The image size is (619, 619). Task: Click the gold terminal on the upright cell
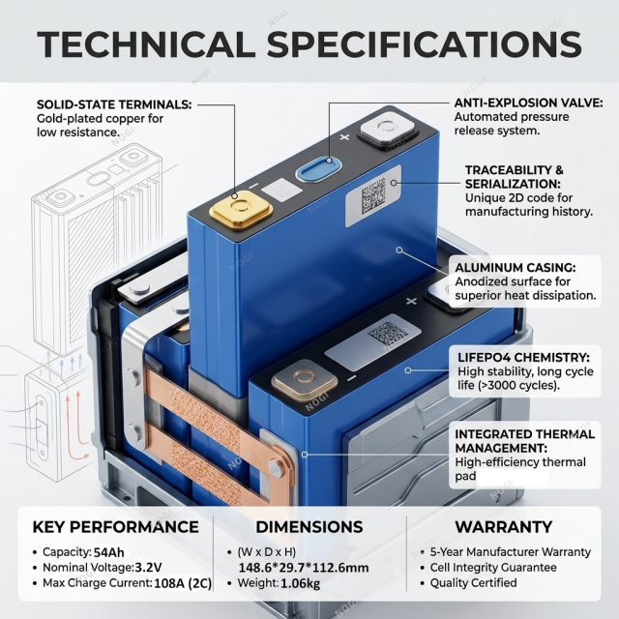tap(241, 209)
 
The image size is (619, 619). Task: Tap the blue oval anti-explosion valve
tap(318, 170)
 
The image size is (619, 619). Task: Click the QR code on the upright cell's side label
tap(373, 195)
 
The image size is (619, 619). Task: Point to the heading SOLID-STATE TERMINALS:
tap(114, 104)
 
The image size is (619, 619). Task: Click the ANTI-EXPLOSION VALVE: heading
tap(529, 103)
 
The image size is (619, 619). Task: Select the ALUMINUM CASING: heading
tap(516, 268)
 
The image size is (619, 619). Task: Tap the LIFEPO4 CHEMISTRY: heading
tap(523, 357)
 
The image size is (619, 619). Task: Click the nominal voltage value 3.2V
tap(148, 568)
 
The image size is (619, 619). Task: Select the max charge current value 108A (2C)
tap(183, 583)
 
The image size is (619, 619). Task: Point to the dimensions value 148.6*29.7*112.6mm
tap(304, 568)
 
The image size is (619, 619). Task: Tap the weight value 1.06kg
tap(301, 583)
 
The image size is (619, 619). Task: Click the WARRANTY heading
tap(504, 527)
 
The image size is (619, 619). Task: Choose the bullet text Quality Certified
tap(473, 582)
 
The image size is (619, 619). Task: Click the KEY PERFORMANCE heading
tap(116, 527)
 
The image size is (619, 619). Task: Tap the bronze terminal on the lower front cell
tap(305, 380)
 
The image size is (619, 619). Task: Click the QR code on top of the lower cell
tap(387, 333)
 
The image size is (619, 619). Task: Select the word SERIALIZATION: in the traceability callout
tap(513, 184)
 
